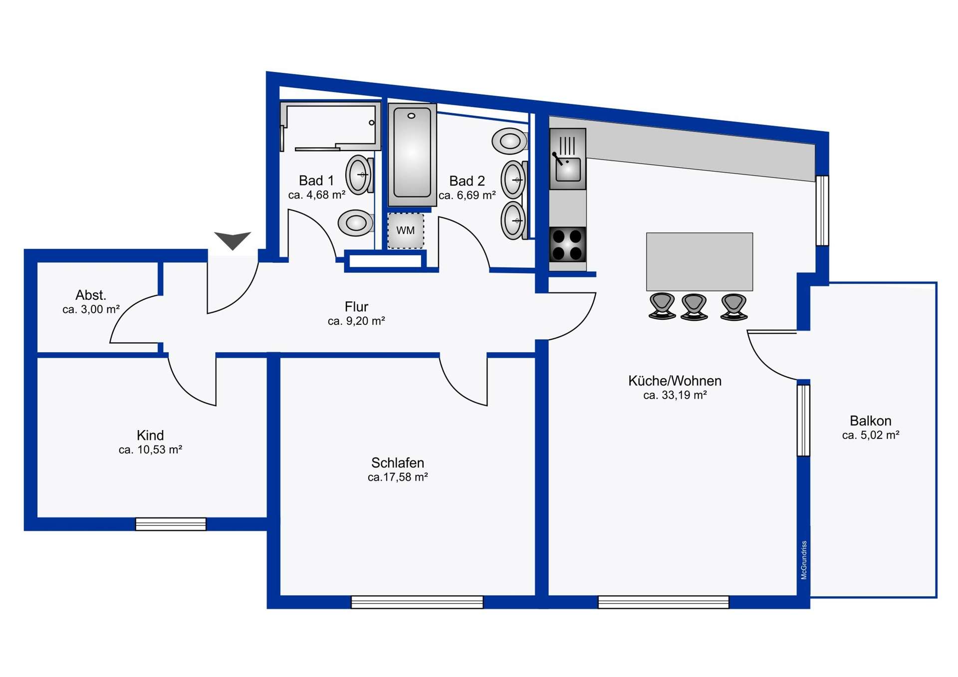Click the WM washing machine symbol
click(406, 230)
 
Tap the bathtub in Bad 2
click(412, 154)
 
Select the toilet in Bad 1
click(356, 223)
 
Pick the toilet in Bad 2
click(510, 141)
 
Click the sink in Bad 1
click(359, 175)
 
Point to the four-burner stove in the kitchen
click(568, 244)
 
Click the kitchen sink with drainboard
click(568, 159)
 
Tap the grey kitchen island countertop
click(699, 261)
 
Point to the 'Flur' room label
click(356, 306)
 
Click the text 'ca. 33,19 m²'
click(675, 395)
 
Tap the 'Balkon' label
click(870, 421)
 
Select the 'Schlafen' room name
click(398, 462)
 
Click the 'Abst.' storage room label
click(91, 295)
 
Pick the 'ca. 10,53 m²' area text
click(150, 450)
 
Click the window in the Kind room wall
click(171, 524)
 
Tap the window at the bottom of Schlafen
click(417, 602)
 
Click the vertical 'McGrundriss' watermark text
click(804, 560)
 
